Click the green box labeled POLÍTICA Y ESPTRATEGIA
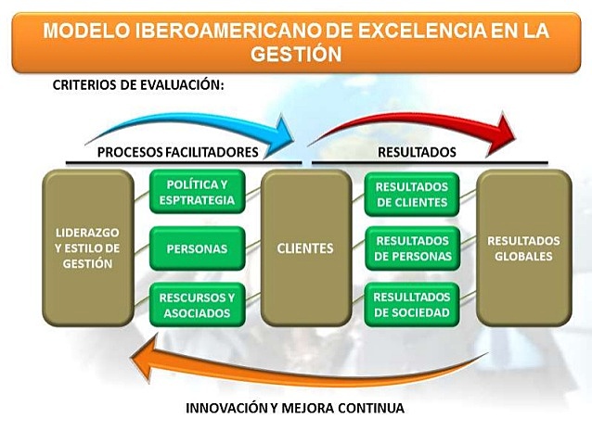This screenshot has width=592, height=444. tap(198, 192)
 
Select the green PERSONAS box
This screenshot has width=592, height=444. tap(198, 248)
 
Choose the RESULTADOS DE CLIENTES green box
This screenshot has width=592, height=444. tap(412, 194)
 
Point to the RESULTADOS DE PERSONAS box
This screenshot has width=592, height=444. tap(412, 248)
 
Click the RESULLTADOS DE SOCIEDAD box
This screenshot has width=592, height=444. tap(412, 305)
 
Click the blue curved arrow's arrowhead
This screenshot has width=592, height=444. tap(282, 131)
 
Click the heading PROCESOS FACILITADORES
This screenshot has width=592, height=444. tap(177, 151)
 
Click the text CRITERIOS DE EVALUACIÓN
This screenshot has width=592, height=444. tap(139, 85)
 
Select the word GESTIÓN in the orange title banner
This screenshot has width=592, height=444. tap(295, 54)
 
